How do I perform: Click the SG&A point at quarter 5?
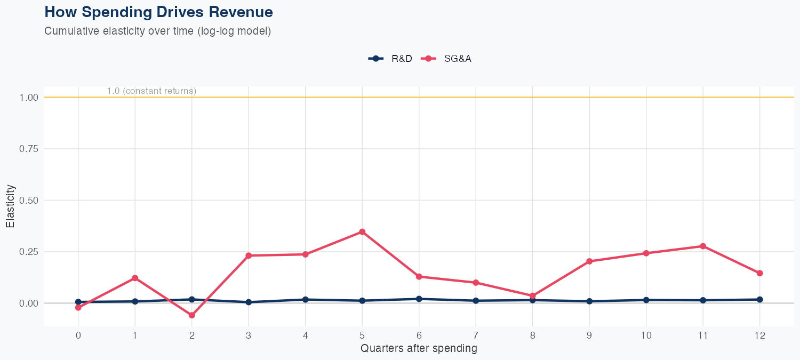(362, 231)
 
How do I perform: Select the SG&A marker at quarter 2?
(191, 315)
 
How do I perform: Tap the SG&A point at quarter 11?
(703, 246)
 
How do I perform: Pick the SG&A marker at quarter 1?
(135, 278)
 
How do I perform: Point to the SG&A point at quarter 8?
(532, 295)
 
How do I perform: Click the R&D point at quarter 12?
(759, 299)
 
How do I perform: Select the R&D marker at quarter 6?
(419, 299)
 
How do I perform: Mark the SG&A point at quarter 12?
(759, 273)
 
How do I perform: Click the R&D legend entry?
(390, 59)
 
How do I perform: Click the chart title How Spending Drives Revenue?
(158, 12)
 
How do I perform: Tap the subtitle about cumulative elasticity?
(157, 31)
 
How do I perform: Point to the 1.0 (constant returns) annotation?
(151, 91)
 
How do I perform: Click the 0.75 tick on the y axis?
(29, 149)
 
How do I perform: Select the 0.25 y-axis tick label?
(29, 252)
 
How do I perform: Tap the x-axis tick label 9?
(589, 335)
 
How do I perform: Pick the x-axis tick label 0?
(78, 335)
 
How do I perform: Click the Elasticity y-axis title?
(10, 206)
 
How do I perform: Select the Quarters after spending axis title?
(419, 349)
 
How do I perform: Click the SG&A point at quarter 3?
(249, 255)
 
